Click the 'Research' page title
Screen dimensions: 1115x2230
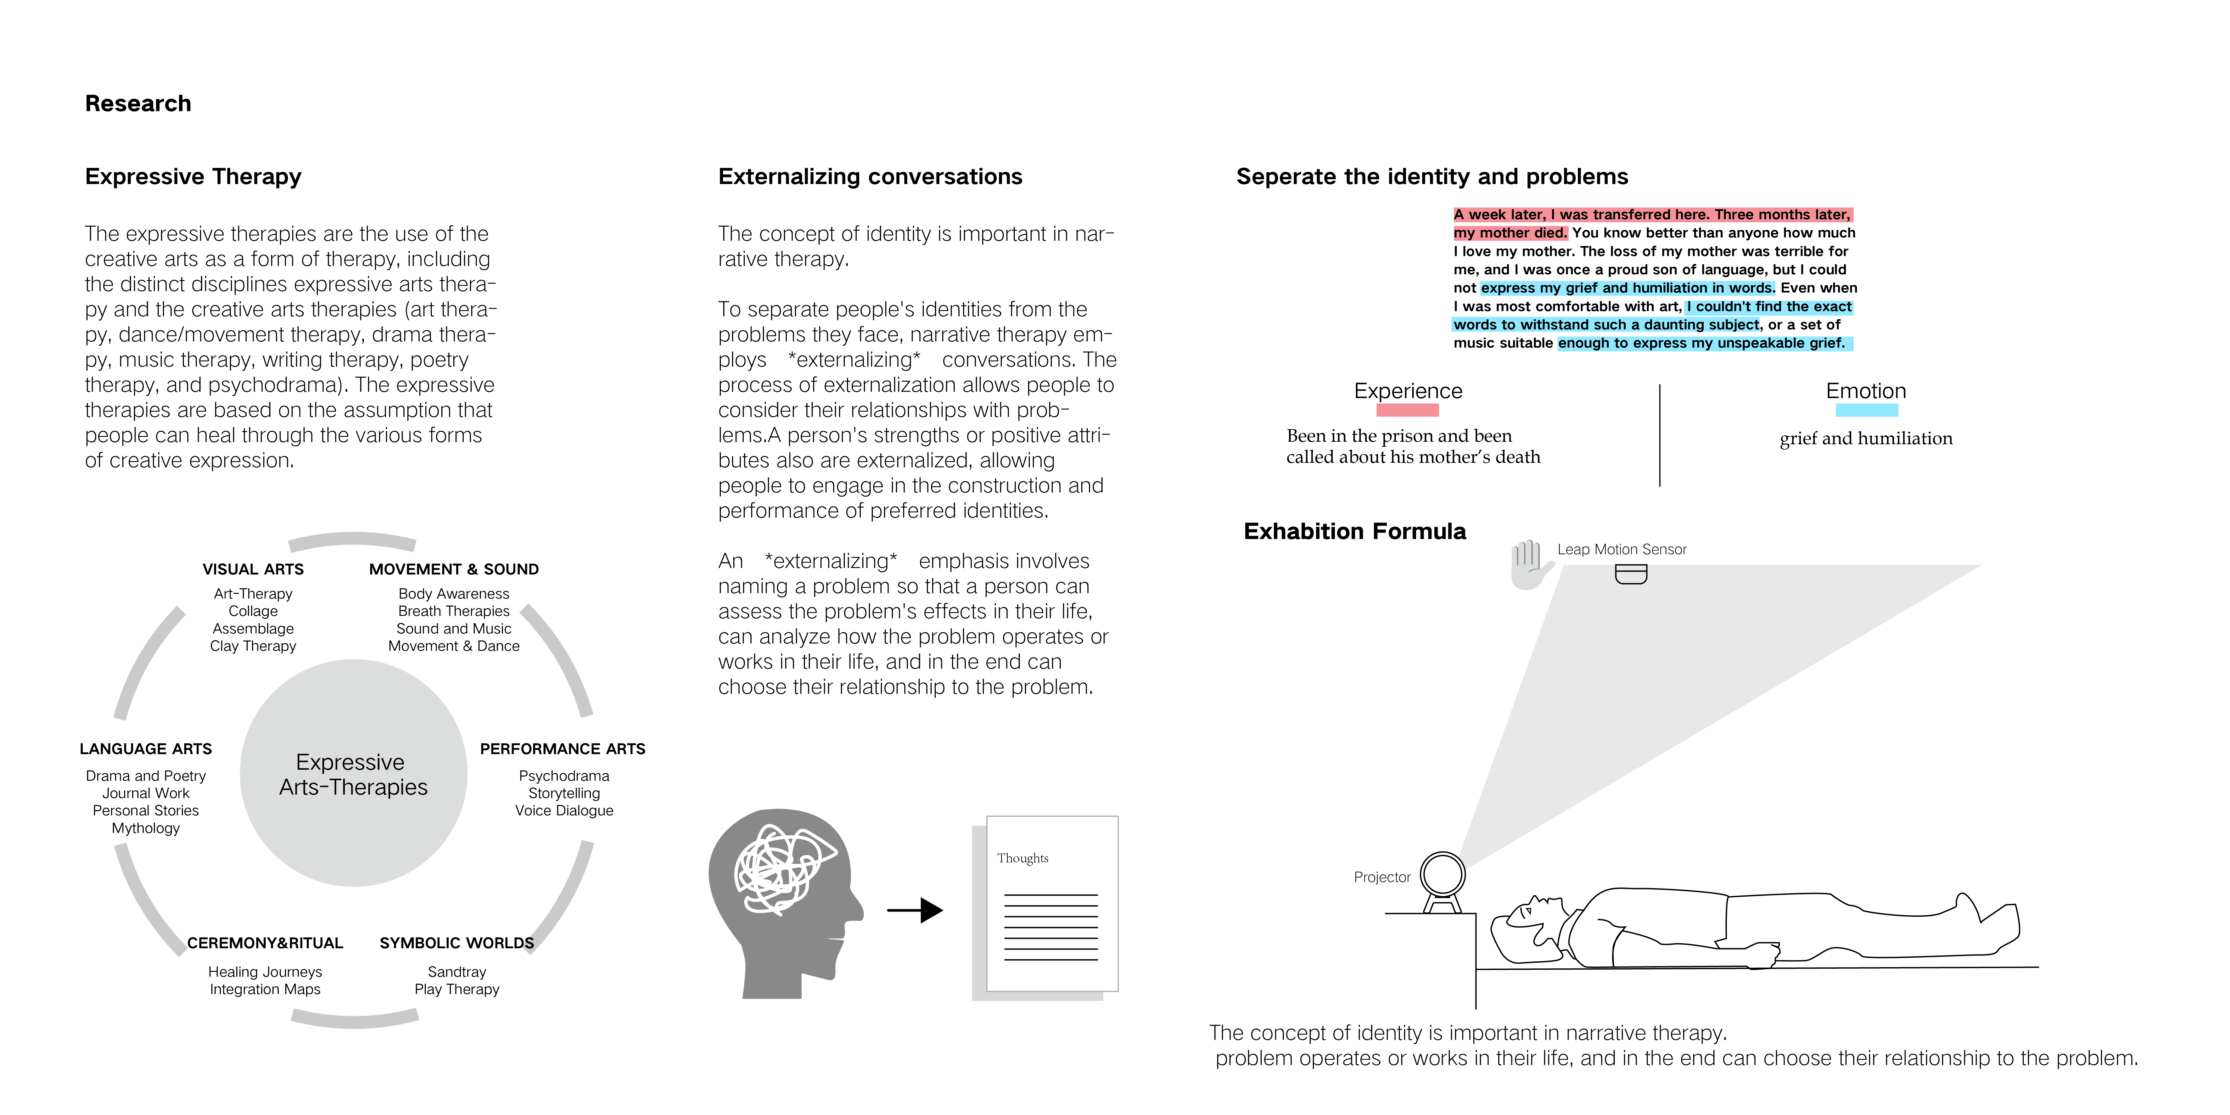click(x=137, y=104)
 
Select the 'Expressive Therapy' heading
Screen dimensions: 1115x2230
click(x=193, y=176)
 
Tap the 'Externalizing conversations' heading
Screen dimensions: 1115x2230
click(x=870, y=176)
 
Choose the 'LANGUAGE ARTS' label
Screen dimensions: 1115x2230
click(x=145, y=749)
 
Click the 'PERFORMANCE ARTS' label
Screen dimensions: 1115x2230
click(x=563, y=749)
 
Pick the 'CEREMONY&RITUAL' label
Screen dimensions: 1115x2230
click(x=265, y=943)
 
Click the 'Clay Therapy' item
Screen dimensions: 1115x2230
click(x=253, y=646)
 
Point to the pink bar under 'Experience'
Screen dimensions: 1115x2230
click(x=1408, y=410)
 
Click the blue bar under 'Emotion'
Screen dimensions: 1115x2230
click(x=1866, y=410)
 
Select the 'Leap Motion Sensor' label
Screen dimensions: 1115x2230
click(x=1622, y=550)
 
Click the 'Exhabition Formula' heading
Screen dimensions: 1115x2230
click(x=1355, y=531)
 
